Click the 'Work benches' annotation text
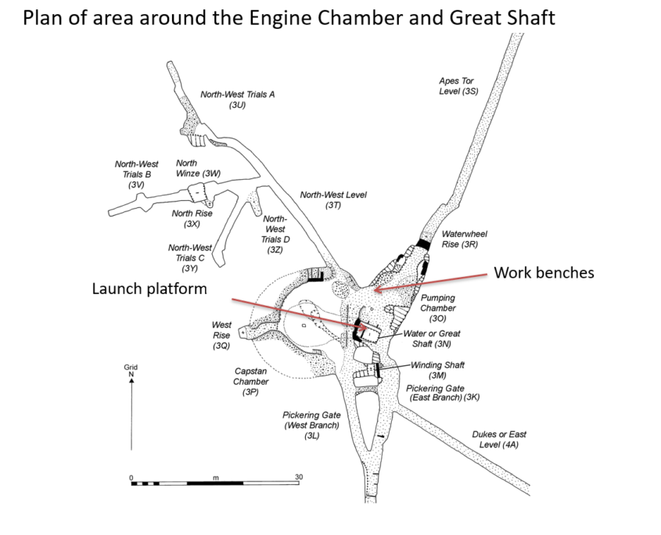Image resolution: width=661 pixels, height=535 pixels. tap(544, 273)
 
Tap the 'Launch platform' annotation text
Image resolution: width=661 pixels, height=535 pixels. tap(149, 289)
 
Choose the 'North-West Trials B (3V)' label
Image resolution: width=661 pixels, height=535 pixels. tap(136, 174)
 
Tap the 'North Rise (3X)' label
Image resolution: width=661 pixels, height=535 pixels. tap(192, 218)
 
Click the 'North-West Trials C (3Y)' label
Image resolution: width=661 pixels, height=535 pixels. tap(191, 257)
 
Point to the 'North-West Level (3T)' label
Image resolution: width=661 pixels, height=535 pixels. tap(333, 199)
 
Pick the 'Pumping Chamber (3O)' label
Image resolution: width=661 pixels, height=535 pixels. tap(437, 308)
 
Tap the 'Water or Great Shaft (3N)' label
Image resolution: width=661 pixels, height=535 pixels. tap(431, 338)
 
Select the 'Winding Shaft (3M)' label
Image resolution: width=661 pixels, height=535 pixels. tap(437, 370)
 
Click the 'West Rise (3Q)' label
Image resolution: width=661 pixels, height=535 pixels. tap(221, 335)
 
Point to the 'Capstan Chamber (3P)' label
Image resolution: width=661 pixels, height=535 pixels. tap(251, 382)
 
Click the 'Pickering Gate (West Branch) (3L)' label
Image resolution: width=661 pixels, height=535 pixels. tap(311, 425)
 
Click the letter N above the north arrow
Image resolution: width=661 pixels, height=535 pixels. tap(131, 373)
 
